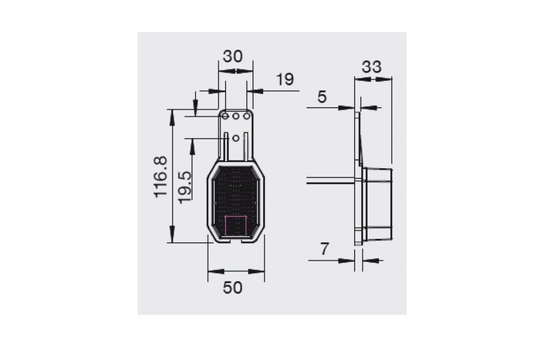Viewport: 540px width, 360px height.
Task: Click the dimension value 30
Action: pyautogui.click(x=233, y=56)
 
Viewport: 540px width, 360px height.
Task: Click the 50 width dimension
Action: pyautogui.click(x=233, y=287)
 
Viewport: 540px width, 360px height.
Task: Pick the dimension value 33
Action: pyautogui.click(x=372, y=67)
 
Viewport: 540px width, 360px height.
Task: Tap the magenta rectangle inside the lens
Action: pyautogui.click(x=235, y=226)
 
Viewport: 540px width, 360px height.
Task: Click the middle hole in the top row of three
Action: pyautogui.click(x=236, y=116)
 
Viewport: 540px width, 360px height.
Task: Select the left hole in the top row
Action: pyautogui.click(x=226, y=116)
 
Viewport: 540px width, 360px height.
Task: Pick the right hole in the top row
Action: pyautogui.click(x=247, y=116)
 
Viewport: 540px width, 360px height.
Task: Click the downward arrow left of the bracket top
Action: pyautogui.click(x=196, y=109)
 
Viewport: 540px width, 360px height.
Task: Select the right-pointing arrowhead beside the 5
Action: pyautogui.click(x=351, y=107)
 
